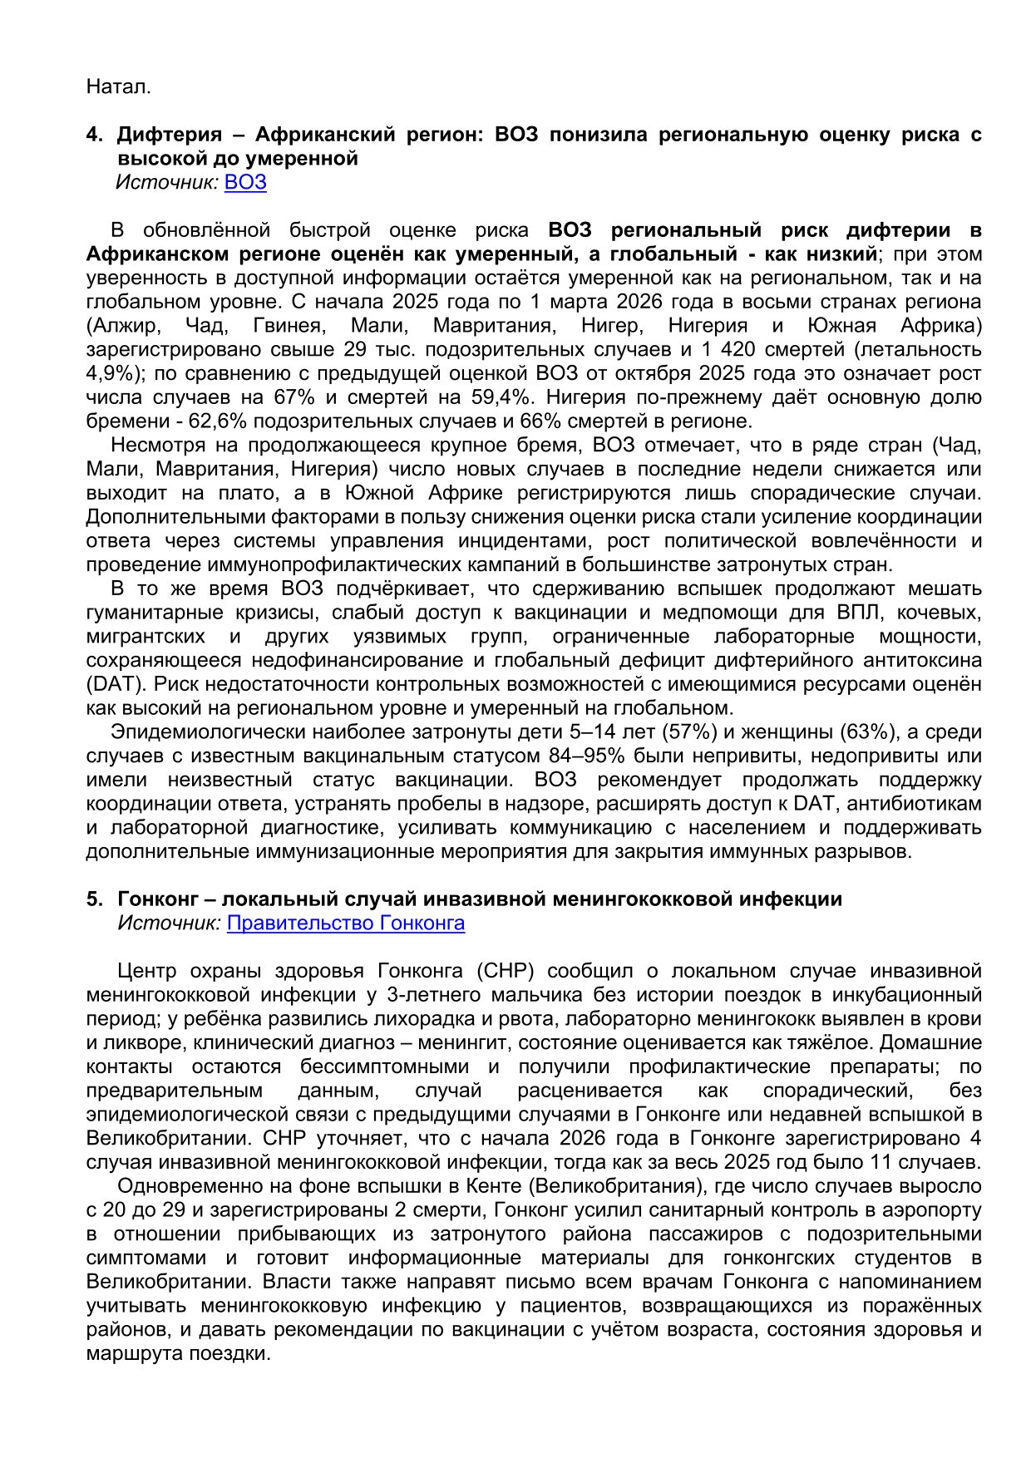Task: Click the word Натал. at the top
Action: [118, 86]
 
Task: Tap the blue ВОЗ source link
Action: [245, 182]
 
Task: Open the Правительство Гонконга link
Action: [345, 923]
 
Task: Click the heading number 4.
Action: [94, 135]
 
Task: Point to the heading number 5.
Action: [94, 899]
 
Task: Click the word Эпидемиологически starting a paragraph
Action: [199, 732]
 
